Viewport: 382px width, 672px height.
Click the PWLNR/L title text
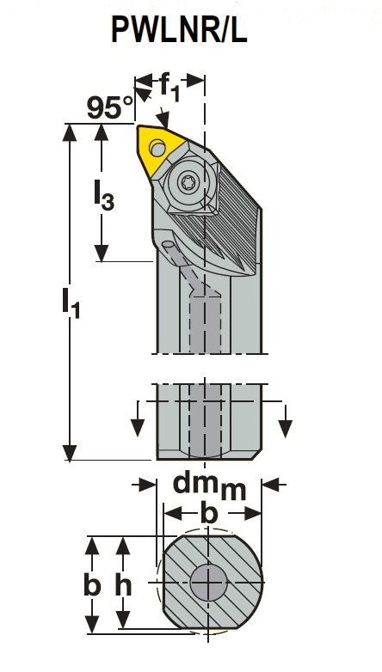click(179, 29)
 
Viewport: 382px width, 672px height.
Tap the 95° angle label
click(110, 107)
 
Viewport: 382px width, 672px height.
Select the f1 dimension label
click(170, 88)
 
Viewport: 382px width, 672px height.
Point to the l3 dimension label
click(104, 196)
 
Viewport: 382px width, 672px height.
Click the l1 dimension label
click(71, 303)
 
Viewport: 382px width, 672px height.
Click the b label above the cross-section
click(209, 512)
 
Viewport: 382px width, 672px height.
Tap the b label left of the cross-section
click(92, 585)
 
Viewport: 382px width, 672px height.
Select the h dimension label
click(124, 585)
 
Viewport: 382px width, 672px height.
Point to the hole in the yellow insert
click(157, 149)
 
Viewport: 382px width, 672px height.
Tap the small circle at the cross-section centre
click(208, 583)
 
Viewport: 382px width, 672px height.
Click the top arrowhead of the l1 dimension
click(69, 132)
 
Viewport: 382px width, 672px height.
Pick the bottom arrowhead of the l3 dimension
click(102, 253)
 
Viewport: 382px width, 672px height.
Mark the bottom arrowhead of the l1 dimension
click(69, 453)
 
